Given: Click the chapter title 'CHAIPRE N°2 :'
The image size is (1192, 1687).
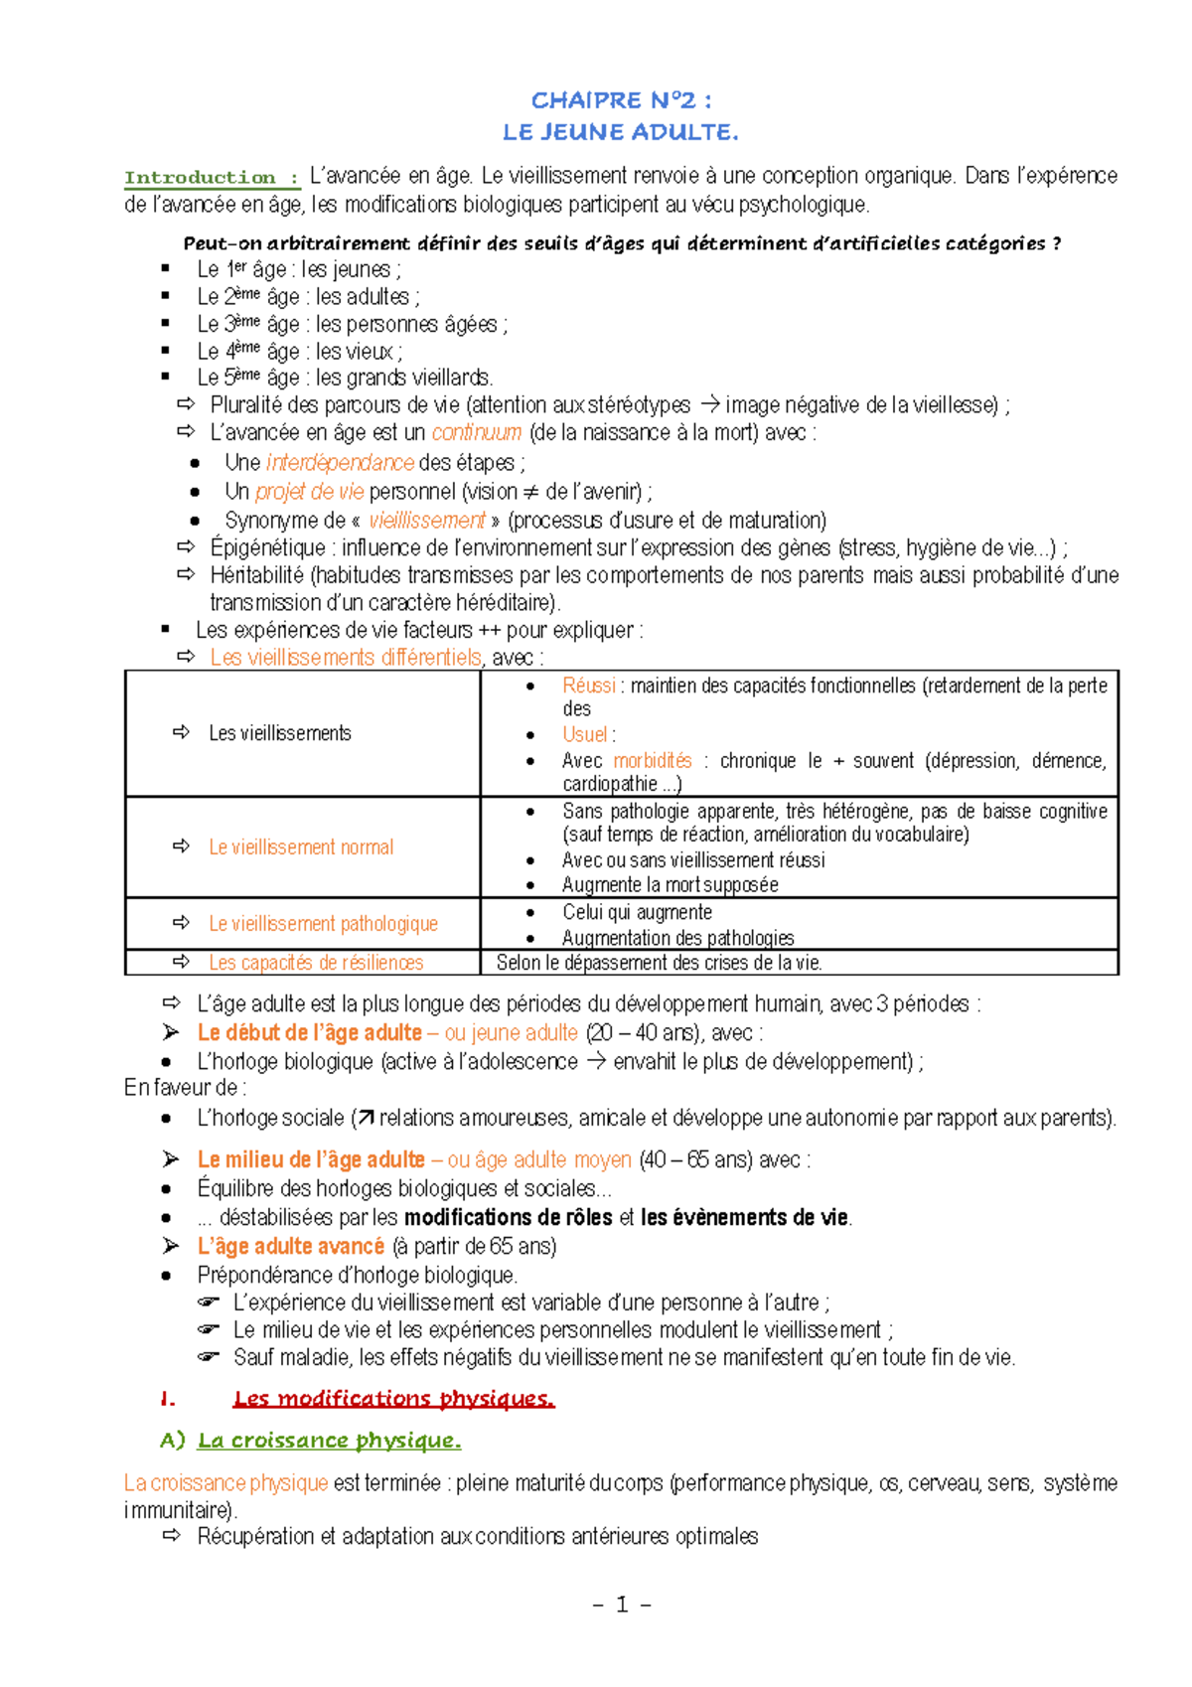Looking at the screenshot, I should click(x=621, y=100).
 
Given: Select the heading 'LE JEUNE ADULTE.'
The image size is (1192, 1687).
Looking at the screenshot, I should click(x=621, y=132).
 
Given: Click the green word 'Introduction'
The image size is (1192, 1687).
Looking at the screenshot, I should click(x=200, y=178).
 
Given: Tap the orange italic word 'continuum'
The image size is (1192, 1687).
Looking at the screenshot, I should click(x=477, y=433).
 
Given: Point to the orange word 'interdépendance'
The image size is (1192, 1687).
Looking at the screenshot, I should click(x=340, y=463).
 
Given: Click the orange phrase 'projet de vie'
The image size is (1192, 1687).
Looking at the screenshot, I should click(x=310, y=492).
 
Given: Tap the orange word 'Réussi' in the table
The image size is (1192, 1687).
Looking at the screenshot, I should click(x=589, y=686).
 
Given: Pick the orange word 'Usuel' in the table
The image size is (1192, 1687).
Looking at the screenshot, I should click(x=585, y=735).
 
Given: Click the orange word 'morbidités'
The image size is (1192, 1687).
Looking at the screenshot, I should click(x=653, y=761).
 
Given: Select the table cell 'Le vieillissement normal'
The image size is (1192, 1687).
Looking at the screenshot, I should click(x=301, y=847).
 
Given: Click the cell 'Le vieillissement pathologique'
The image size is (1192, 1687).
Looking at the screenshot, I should click(x=323, y=924).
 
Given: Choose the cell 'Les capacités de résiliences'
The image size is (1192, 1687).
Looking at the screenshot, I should click(x=316, y=963).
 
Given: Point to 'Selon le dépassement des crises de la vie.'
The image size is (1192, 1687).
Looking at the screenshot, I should click(x=660, y=963).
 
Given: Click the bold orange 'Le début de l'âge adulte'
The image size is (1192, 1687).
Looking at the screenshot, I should click(x=310, y=1033).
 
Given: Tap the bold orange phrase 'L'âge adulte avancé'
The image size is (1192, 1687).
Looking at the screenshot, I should click(x=291, y=1247).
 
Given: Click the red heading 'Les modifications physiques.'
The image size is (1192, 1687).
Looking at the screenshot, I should click(x=393, y=1400).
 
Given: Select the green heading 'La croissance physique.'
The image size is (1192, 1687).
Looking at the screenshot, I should click(x=329, y=1442).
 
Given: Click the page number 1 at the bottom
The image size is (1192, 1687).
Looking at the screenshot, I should click(x=622, y=1605).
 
